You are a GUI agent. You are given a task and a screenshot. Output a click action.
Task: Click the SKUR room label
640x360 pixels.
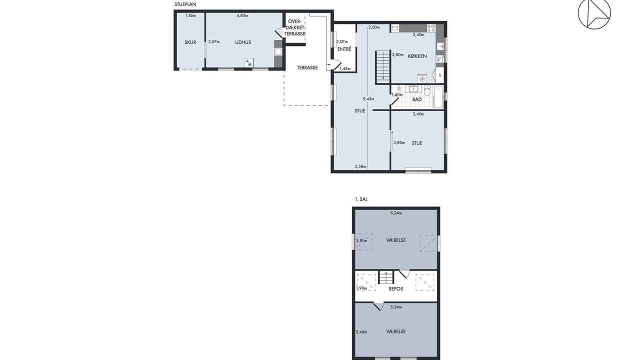(x=190, y=42)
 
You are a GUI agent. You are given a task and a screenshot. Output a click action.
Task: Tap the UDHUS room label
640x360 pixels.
(x=243, y=42)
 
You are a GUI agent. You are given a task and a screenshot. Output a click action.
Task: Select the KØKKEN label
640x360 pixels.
(x=417, y=56)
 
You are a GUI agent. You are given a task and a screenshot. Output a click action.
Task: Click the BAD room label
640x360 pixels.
(x=417, y=99)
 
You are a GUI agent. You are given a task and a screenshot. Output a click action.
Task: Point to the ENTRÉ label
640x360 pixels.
(x=344, y=49)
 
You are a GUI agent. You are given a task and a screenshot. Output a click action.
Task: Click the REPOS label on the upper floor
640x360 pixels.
(x=396, y=289)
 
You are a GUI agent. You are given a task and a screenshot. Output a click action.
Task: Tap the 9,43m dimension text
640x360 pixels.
(x=368, y=99)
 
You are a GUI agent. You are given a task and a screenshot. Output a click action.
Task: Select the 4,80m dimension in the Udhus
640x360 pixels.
(x=242, y=15)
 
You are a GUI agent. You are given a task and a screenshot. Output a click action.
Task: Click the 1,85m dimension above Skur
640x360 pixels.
(x=190, y=15)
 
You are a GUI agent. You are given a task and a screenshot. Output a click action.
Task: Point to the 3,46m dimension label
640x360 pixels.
(x=361, y=332)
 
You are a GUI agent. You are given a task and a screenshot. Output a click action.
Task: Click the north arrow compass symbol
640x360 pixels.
(x=594, y=13)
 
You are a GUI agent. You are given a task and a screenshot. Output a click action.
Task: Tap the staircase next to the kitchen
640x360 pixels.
(x=383, y=66)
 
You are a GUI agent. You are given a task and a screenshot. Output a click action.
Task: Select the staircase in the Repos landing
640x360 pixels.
(x=386, y=277)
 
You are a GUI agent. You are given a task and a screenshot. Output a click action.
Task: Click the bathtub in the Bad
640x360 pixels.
(x=438, y=97)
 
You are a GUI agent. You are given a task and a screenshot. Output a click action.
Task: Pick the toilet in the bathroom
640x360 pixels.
(x=427, y=90)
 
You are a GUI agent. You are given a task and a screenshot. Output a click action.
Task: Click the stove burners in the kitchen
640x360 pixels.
(x=431, y=28)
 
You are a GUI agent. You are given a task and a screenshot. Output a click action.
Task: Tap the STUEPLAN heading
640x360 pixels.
(x=185, y=4)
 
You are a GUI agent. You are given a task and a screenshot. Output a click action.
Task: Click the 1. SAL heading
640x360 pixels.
(x=361, y=199)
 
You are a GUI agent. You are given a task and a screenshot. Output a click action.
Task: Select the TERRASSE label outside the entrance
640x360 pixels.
(x=307, y=67)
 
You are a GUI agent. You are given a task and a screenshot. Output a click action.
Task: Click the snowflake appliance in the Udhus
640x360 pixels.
(x=249, y=62)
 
